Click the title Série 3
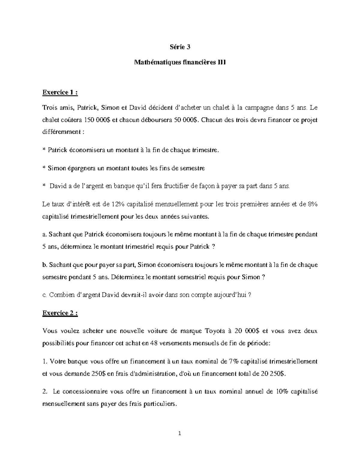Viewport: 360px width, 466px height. point(180,47)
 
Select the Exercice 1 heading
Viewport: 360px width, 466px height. point(60,93)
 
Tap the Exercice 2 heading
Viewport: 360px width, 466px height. point(60,313)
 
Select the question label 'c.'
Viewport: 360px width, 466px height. point(45,295)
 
